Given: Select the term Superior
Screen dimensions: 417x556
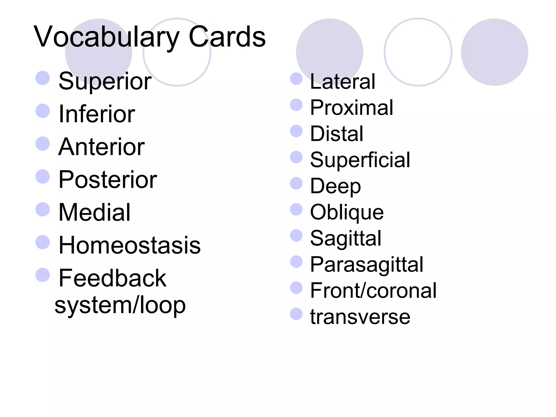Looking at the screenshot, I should point(105,81).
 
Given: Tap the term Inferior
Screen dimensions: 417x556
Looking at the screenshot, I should point(97,114).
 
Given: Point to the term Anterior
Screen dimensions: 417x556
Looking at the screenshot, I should point(102,147).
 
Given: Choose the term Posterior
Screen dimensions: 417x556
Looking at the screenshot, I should point(108,180).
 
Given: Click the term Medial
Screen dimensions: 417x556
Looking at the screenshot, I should point(94,212).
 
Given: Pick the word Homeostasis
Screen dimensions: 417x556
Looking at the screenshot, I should point(129,245).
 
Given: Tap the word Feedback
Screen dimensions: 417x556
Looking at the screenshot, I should point(112,278).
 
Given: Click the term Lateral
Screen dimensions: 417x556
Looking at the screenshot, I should point(343,81).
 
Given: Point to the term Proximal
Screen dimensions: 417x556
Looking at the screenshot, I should point(352,108).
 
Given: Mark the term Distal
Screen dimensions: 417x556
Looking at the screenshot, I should point(337,134).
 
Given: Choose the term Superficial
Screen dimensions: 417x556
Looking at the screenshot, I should point(360,160).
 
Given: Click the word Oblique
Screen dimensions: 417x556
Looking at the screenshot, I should point(347,212).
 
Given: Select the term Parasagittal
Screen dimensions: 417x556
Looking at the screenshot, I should point(367,264).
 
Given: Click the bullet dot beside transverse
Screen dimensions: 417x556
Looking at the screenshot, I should point(296,314).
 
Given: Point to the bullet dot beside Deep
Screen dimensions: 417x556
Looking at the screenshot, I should point(296,183).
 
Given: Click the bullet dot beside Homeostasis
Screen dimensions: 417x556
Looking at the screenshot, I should point(43,242).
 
